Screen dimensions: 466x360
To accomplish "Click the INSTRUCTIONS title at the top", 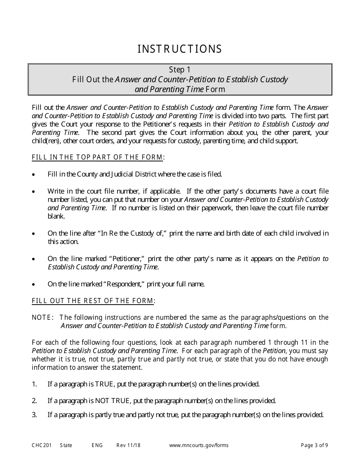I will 180,49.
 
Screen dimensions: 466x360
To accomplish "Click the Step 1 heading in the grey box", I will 180,70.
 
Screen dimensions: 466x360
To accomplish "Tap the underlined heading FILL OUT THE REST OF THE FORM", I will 94,301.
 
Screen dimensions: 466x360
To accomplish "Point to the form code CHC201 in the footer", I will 39,446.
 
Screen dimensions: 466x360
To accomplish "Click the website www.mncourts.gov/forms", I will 199,446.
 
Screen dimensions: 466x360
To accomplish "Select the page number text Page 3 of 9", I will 314,446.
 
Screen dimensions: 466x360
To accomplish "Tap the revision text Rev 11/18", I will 128,446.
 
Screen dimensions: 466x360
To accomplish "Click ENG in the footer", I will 97,446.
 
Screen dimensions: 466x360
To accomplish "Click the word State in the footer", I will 66,446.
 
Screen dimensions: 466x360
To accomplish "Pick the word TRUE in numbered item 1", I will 107,384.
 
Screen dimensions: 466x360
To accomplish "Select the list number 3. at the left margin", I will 34,415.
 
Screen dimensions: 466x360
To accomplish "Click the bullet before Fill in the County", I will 34,175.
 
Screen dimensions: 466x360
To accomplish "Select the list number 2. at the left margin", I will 34,401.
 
